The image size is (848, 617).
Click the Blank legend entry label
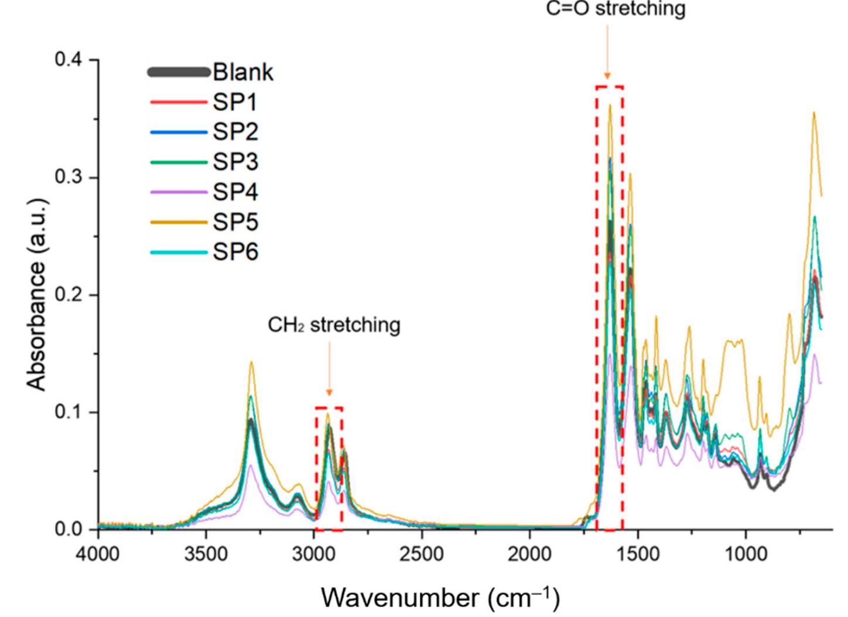click(243, 72)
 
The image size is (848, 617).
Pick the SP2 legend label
click(235, 132)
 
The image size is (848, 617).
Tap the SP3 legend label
click(235, 162)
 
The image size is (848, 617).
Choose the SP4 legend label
click(235, 192)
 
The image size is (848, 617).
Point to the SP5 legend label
click(235, 222)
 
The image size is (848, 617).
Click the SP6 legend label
click(235, 253)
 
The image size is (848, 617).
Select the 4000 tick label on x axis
click(98, 554)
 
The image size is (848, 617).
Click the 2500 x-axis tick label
click(422, 554)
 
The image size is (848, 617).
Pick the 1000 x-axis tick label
click(746, 554)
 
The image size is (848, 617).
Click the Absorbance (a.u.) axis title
click(36, 295)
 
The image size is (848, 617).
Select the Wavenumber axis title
click(440, 598)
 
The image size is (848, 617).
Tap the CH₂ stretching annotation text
click(334, 325)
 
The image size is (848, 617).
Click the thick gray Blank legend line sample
click(178, 72)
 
